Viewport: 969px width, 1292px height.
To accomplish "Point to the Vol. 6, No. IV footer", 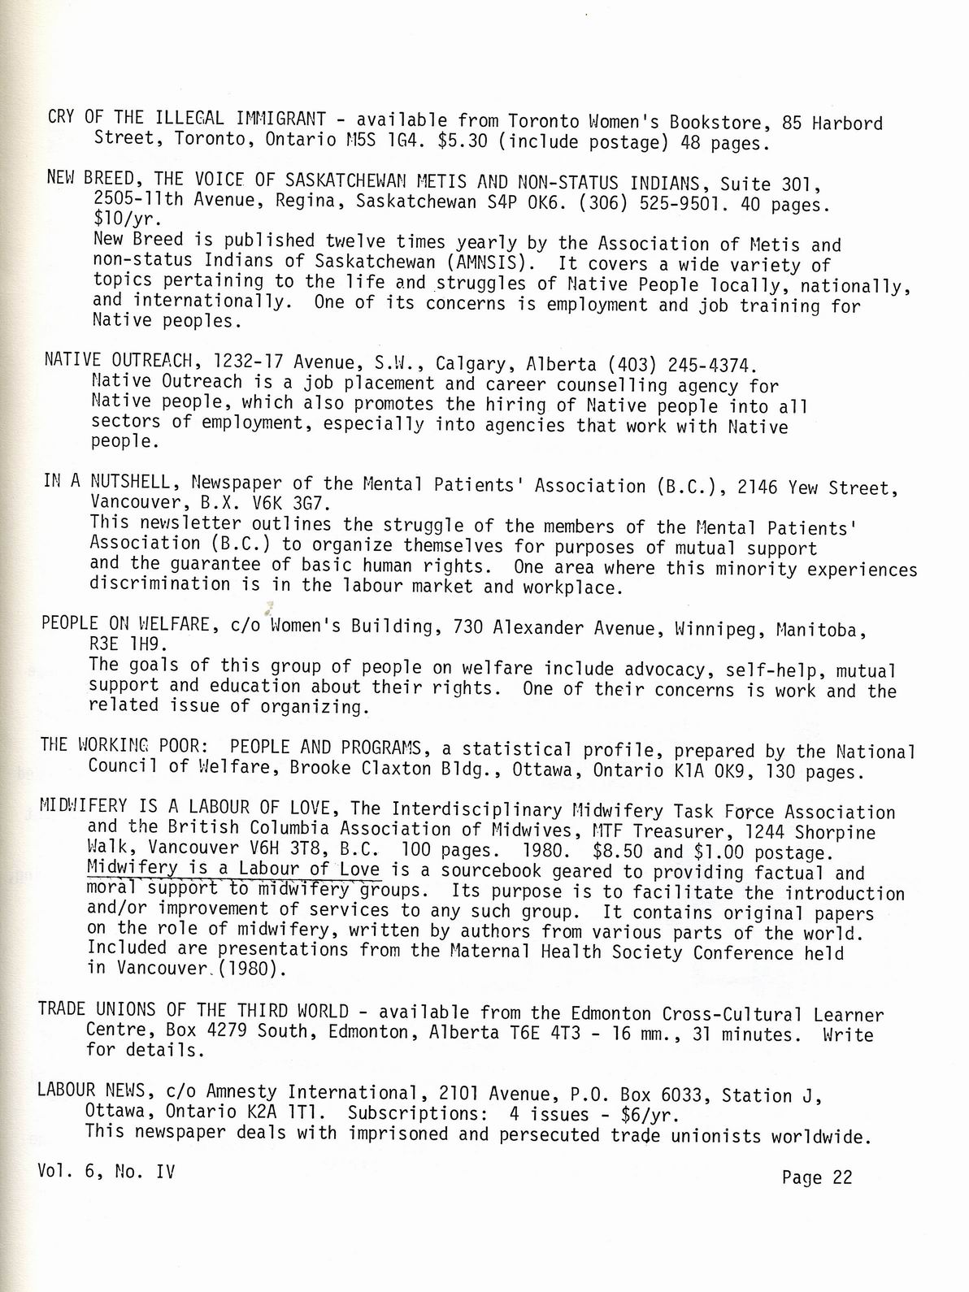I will click(106, 1172).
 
